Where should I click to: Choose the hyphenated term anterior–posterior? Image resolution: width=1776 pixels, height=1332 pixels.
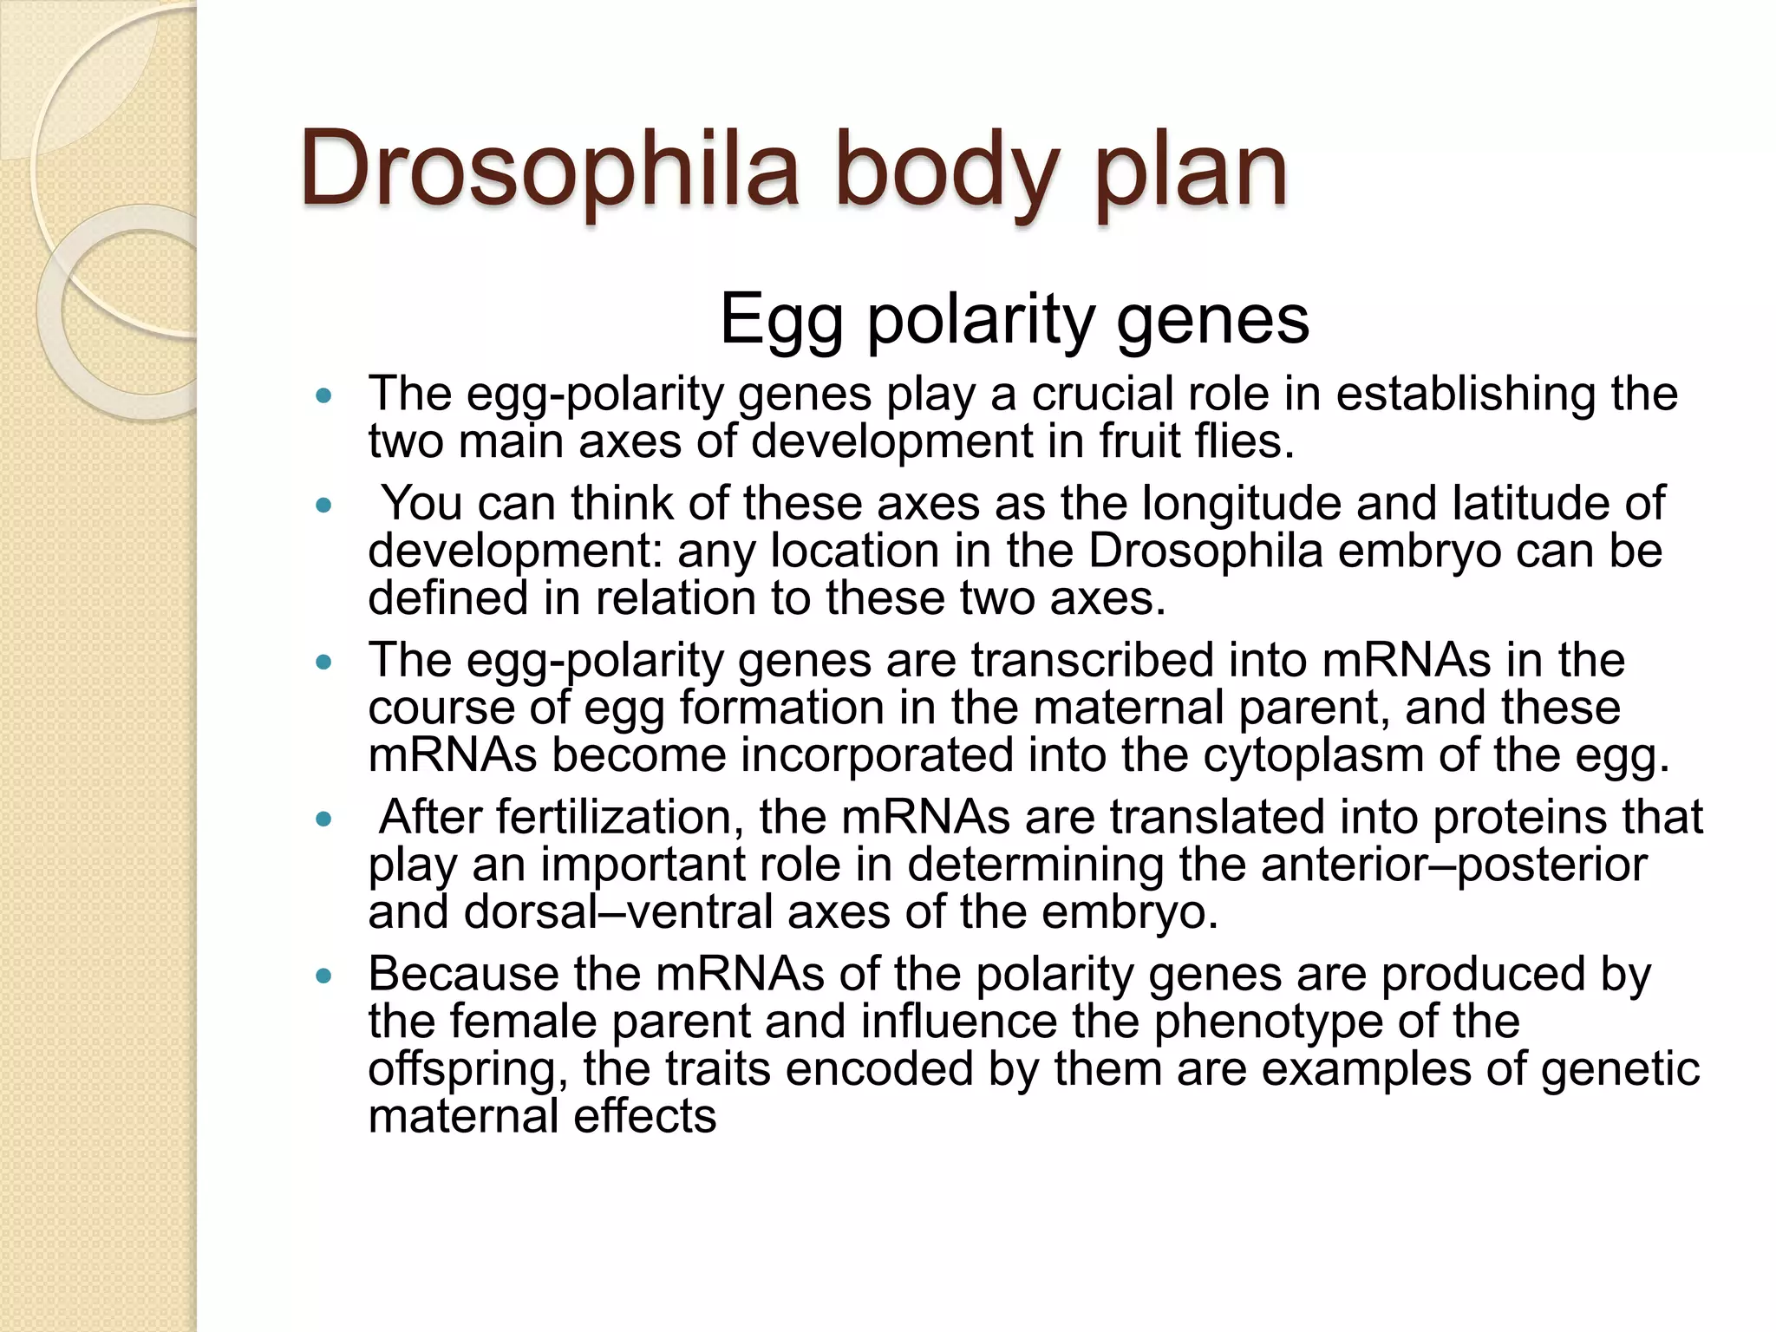[x=1453, y=865]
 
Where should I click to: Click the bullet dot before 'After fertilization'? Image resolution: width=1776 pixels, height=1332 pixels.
[x=324, y=819]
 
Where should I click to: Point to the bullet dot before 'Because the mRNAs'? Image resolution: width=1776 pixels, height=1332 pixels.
[x=324, y=976]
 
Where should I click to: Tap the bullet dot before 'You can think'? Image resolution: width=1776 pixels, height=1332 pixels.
[x=324, y=505]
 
